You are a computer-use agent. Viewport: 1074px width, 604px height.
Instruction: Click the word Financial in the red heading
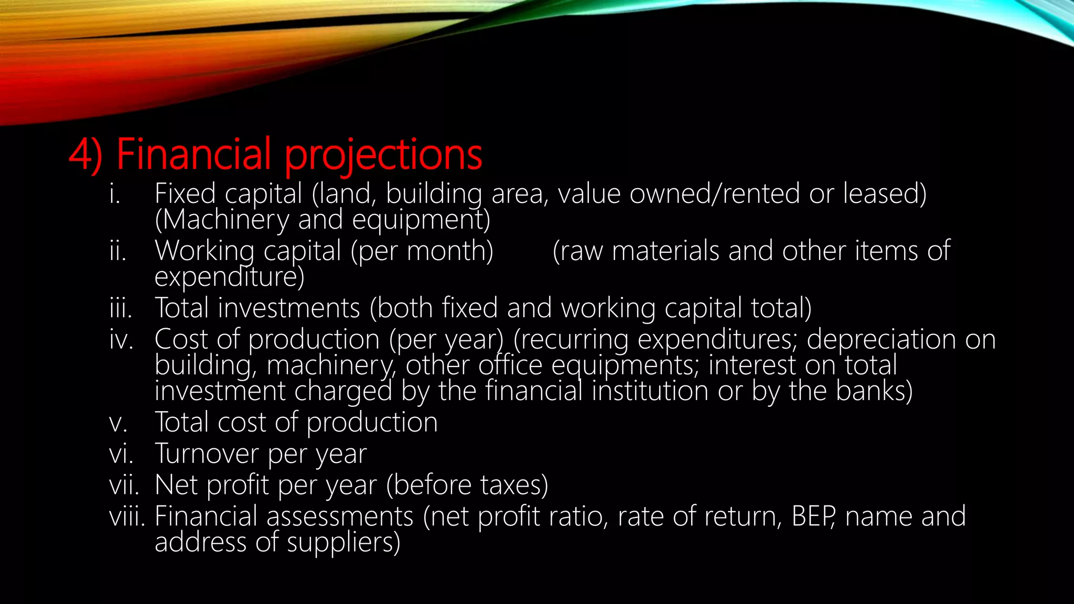[194, 154]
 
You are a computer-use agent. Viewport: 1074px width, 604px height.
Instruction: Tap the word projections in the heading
[383, 155]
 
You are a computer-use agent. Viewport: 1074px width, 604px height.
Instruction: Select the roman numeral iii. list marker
[121, 308]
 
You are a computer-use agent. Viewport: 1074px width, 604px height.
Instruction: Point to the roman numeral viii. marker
[126, 516]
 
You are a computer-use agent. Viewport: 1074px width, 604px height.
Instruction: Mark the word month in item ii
[449, 251]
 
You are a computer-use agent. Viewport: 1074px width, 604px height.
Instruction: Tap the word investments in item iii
[289, 308]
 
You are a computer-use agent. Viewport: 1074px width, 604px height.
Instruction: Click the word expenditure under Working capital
[229, 277]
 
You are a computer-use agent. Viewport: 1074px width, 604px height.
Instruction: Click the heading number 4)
[85, 155]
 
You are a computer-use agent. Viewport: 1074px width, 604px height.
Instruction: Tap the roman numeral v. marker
[119, 423]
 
